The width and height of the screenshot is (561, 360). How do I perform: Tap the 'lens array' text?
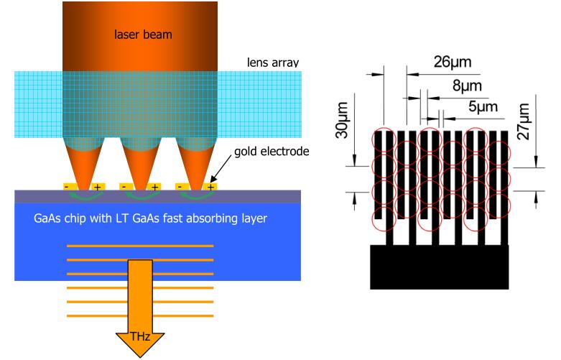pos(269,63)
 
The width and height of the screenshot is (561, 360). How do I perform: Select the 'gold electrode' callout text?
pos(272,153)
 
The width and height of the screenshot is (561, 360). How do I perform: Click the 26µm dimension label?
pos(452,62)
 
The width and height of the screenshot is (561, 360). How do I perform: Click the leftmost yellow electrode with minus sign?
pos(68,187)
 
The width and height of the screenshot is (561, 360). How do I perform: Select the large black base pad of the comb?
pos(439,267)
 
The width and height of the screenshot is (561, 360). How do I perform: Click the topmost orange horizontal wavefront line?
pos(140,246)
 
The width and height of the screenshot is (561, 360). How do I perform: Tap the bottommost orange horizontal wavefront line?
pos(140,301)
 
